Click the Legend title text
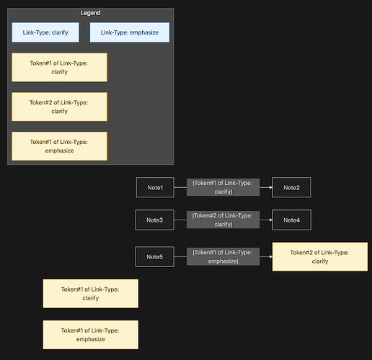pos(91,13)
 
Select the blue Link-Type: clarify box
pos(45,32)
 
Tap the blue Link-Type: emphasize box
pos(129,32)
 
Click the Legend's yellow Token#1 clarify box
pos(59,67)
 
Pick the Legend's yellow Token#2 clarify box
pos(59,107)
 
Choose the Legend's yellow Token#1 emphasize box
pos(59,146)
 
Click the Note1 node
pos(155,188)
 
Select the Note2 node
pos(291,188)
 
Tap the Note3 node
pos(155,220)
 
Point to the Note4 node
pos(291,220)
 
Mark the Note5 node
pos(155,256)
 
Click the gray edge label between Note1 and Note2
pos(222,188)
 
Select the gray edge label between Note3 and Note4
pos(222,220)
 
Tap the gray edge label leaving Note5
pos(222,256)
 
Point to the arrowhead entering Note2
pos(269,188)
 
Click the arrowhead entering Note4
pos(269,220)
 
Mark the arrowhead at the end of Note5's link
pos(269,256)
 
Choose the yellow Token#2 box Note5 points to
pos(320,256)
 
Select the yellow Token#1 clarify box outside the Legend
pos(90,294)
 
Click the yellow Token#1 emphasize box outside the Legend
pos(90,335)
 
